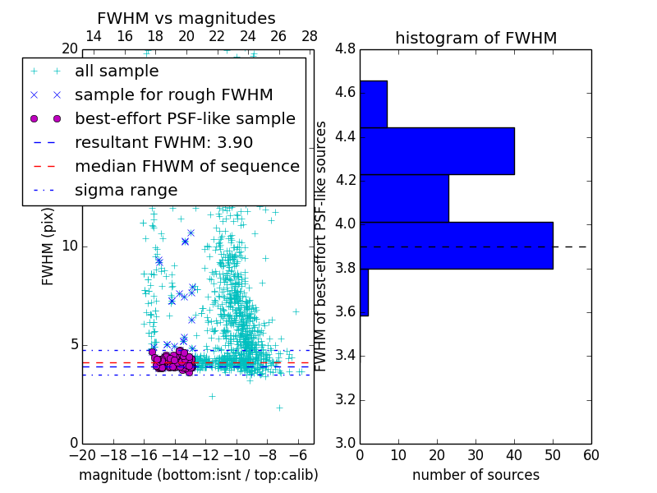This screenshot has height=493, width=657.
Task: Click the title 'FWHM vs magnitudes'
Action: pos(186,18)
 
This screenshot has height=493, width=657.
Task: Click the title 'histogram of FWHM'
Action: pos(476,38)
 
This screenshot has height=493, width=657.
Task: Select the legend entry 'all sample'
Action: pos(117,71)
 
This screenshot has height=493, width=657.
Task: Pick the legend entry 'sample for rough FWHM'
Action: pos(173,95)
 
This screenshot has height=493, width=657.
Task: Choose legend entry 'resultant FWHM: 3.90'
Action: pos(163,143)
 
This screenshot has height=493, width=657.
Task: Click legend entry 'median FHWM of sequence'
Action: pos(186,167)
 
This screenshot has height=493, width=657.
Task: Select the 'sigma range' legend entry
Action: pos(126,191)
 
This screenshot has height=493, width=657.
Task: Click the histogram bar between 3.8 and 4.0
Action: pos(457,245)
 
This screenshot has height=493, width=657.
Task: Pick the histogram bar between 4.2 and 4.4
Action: pos(437,151)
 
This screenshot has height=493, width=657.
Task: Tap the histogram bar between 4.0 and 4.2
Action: pos(404,198)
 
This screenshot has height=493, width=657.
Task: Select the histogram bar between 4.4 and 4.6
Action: pos(374,104)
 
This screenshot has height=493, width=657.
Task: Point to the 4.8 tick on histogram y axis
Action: pos(345,49)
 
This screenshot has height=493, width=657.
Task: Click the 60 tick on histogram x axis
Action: pos(590,454)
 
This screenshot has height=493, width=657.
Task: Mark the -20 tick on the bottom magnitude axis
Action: pos(82,454)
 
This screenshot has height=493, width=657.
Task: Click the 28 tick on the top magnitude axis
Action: pos(310,36)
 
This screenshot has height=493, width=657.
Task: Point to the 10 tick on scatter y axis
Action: pos(70,246)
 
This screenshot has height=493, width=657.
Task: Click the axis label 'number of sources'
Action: pos(476,475)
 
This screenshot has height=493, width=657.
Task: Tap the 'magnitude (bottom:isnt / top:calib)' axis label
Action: pos(198,475)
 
